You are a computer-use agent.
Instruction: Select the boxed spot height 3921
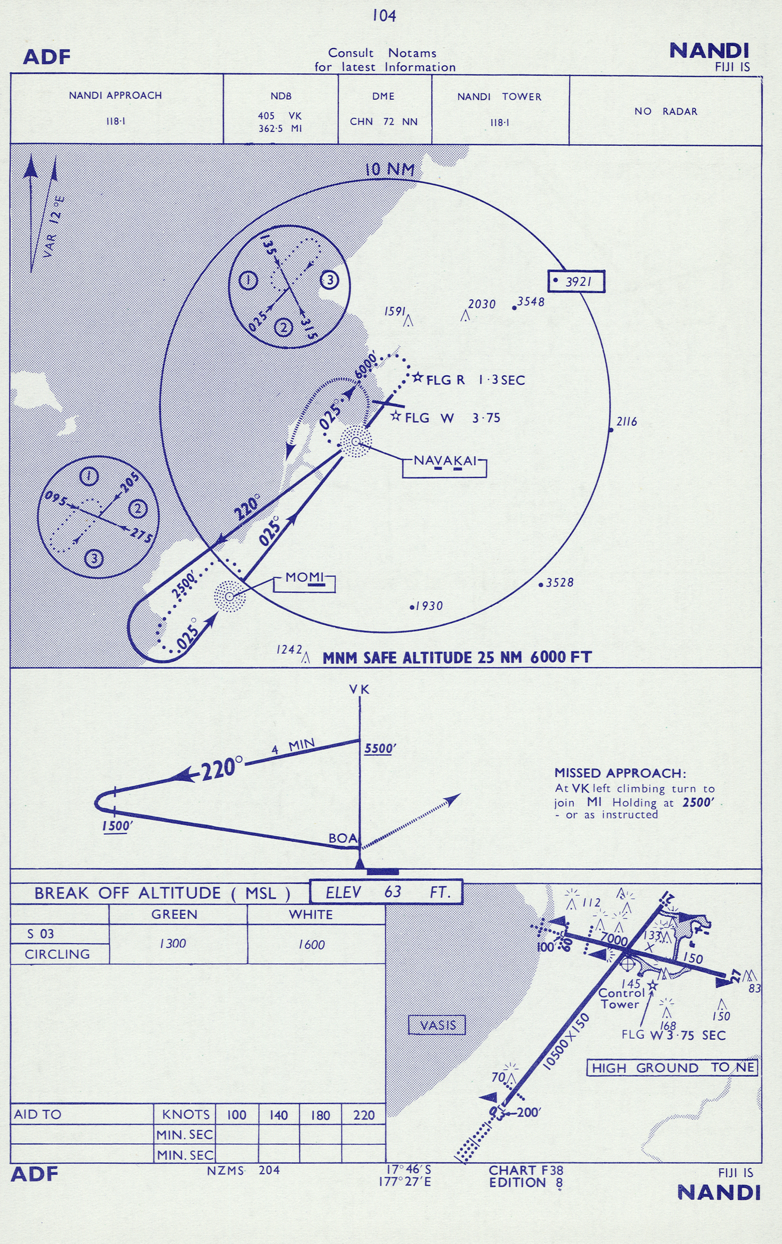tap(576, 281)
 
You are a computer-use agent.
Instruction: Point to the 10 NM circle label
tap(389, 170)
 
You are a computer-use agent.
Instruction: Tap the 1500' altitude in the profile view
tap(117, 826)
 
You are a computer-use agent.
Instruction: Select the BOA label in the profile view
tap(342, 838)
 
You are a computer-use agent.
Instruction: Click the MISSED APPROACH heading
tap(620, 773)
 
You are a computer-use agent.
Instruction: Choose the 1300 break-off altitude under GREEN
tap(173, 944)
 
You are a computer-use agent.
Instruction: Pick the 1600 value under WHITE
tap(311, 945)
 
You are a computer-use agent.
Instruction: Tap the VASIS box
tap(437, 1025)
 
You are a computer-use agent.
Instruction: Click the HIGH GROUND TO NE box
tap(672, 1068)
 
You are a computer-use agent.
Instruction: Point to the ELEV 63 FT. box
tap(386, 892)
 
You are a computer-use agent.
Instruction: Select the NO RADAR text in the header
tap(666, 111)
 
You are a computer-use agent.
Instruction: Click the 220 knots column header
tap(364, 1115)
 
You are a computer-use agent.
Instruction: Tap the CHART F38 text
tap(526, 1170)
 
